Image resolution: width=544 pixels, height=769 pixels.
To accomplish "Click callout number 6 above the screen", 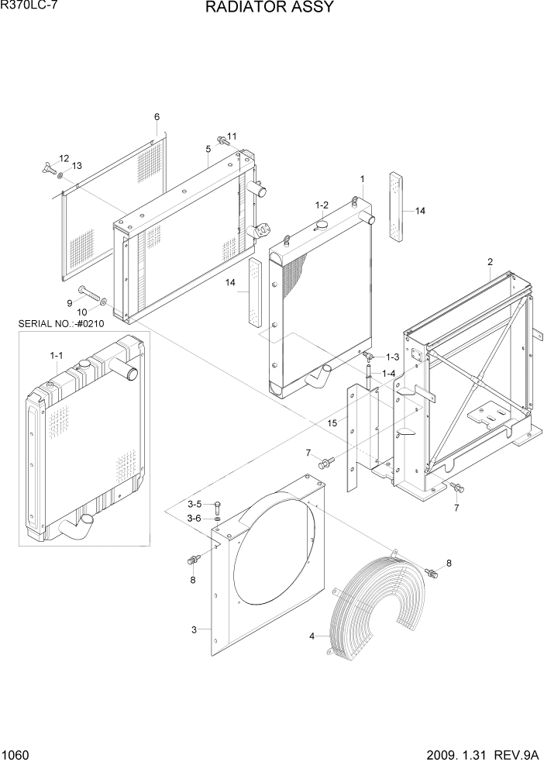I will coord(157,117).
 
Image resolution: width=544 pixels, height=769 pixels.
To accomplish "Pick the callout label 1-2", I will coord(322,205).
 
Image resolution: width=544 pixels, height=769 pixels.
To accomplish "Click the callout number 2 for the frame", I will coord(491,262).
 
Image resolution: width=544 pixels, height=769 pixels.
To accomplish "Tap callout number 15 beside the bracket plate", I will coord(332,423).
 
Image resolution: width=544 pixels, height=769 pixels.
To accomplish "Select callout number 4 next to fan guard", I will coord(313,636).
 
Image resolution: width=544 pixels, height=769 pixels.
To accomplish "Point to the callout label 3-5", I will coord(193,504).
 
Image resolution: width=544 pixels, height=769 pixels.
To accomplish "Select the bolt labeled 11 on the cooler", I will coord(222,140).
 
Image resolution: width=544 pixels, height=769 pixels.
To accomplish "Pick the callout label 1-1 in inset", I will coord(56,355).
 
